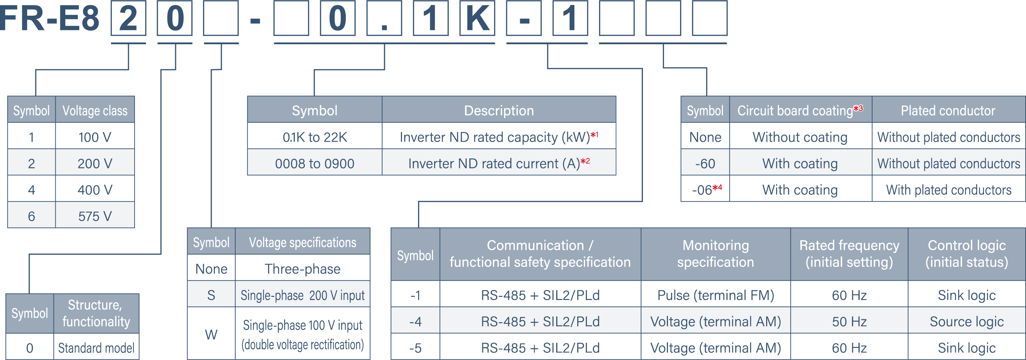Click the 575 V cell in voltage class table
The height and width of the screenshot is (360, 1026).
click(x=95, y=216)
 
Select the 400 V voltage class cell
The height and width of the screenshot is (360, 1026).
click(x=95, y=190)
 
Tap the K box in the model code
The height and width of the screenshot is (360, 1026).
click(x=477, y=18)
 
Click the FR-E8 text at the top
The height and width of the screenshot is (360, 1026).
click(x=49, y=18)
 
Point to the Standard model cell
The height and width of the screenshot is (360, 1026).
click(x=96, y=348)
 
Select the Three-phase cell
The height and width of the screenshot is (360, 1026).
click(x=302, y=269)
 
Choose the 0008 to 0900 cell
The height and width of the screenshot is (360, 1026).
click(x=315, y=163)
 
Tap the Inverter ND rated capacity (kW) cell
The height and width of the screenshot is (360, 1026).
click(x=499, y=137)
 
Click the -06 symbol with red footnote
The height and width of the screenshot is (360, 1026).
click(x=705, y=190)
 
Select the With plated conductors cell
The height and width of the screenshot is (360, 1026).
click(x=948, y=190)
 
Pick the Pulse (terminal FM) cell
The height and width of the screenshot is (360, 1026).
click(x=715, y=295)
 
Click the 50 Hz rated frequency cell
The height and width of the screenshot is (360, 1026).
click(x=849, y=321)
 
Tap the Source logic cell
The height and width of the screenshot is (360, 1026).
click(x=966, y=321)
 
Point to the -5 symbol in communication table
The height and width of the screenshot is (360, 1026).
click(x=415, y=348)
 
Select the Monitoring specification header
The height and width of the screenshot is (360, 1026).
click(x=715, y=254)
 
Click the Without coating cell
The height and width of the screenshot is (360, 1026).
click(x=800, y=137)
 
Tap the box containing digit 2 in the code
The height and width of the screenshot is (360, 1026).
click(x=128, y=18)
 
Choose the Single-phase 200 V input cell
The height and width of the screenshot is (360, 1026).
click(x=302, y=295)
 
